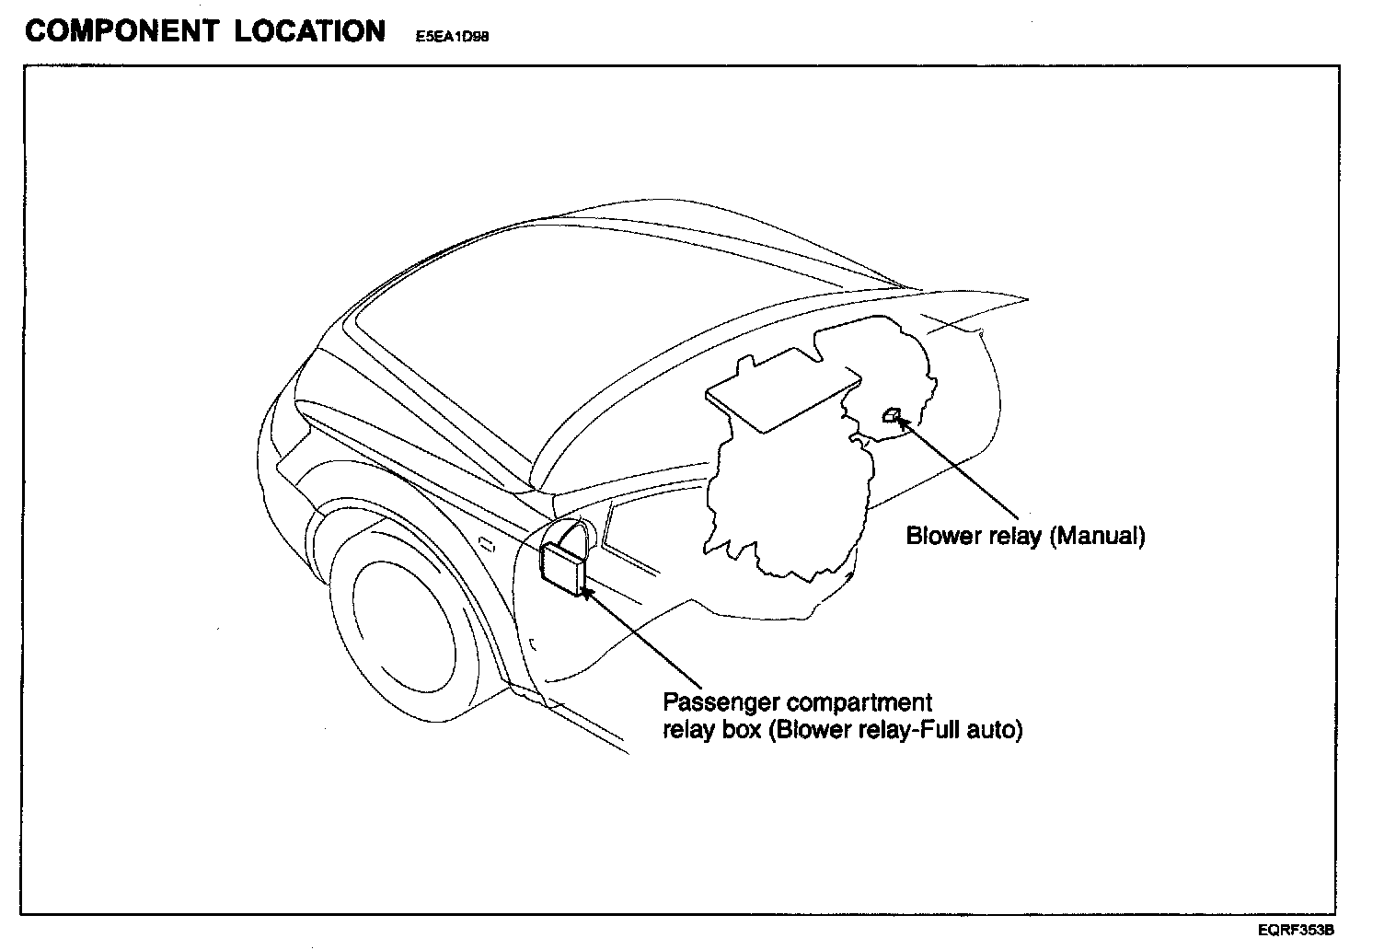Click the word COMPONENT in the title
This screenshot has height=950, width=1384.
point(121,31)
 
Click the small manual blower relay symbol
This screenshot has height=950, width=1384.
point(891,416)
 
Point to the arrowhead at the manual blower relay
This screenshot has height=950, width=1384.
point(904,423)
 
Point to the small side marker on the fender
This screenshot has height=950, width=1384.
point(488,545)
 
